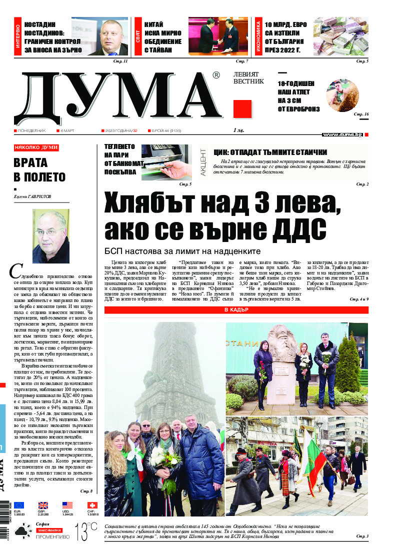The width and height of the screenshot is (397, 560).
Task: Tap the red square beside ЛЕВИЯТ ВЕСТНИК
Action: pos(242,108)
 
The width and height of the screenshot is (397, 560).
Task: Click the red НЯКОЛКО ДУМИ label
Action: pos(36,147)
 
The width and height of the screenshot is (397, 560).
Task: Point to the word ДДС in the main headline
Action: pos(291,228)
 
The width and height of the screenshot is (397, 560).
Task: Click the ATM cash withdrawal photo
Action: pos(166,162)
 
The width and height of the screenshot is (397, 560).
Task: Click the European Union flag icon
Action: pos(19,505)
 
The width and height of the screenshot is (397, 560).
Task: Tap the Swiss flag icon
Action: pos(92,505)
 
